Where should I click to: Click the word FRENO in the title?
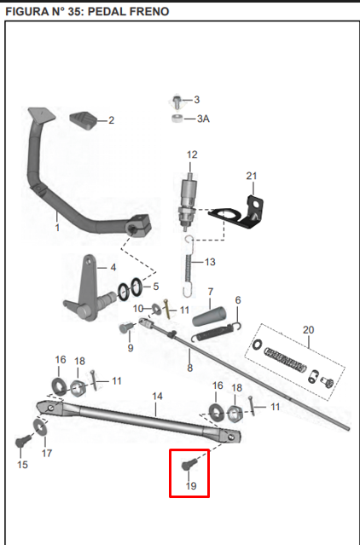[149, 11]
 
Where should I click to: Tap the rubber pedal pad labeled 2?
[83, 120]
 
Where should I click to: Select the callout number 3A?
[203, 119]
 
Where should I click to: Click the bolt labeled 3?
[177, 101]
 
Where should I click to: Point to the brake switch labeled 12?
[187, 200]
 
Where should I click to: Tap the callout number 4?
[113, 268]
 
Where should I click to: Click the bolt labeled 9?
[126, 328]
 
